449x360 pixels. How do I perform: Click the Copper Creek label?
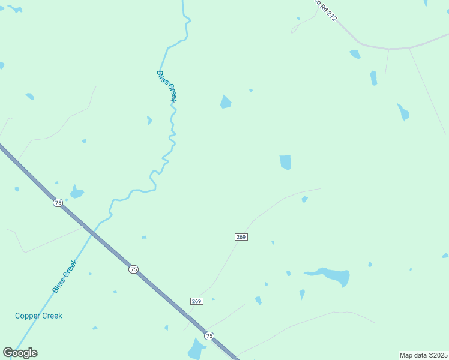pyautogui.click(x=38, y=316)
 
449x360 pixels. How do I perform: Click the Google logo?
pyautogui.click(x=20, y=353)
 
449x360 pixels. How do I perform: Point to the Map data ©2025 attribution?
pyautogui.click(x=423, y=355)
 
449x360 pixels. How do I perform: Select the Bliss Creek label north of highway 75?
pyautogui.click(x=166, y=86)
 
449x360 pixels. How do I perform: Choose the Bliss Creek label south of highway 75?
pyautogui.click(x=65, y=276)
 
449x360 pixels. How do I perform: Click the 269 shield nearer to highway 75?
pyautogui.click(x=197, y=301)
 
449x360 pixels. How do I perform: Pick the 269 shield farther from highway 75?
pyautogui.click(x=241, y=237)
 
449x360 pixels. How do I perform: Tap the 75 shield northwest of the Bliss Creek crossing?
pyautogui.click(x=58, y=203)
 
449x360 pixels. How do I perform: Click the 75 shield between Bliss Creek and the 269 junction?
pyautogui.click(x=133, y=269)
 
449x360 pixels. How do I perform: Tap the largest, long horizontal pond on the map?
pyautogui.click(x=329, y=275)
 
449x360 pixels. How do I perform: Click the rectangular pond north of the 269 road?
pyautogui.click(x=285, y=162)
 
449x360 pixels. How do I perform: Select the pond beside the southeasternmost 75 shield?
pyautogui.click(x=196, y=349)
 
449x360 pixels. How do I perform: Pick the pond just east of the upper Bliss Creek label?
pyautogui.click(x=225, y=102)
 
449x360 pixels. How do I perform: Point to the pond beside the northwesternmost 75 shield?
pyautogui.click(x=76, y=192)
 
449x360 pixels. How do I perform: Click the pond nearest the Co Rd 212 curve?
pyautogui.click(x=355, y=54)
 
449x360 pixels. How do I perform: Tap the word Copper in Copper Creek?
pyautogui.click(x=28, y=316)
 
